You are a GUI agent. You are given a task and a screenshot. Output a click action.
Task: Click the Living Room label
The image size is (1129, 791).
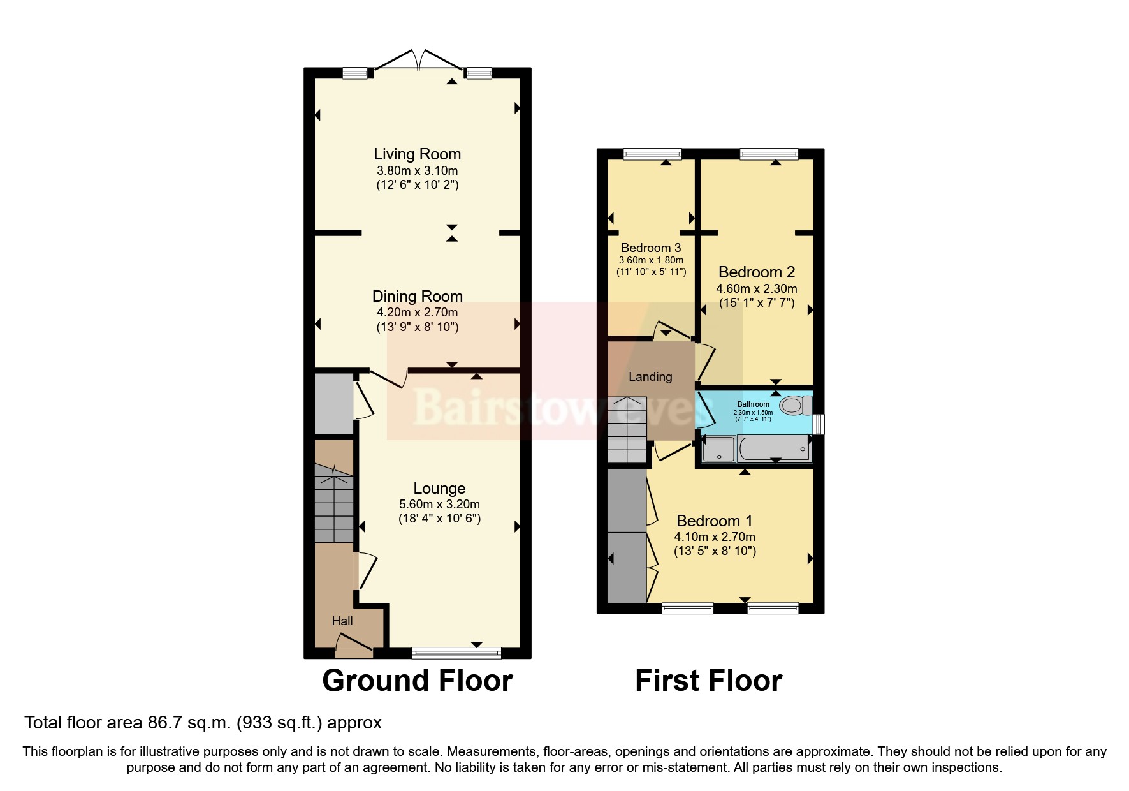417,154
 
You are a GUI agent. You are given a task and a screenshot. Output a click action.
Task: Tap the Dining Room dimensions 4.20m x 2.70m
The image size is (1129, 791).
417,313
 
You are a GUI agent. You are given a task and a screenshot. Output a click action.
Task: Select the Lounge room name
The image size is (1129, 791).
439,489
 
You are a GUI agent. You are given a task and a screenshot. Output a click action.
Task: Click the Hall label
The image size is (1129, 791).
342,621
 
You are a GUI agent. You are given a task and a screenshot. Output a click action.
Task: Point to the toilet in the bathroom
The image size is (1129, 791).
795,405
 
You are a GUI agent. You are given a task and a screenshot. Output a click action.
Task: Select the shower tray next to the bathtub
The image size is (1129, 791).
718,448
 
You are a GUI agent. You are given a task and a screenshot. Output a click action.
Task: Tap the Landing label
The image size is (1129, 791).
650,377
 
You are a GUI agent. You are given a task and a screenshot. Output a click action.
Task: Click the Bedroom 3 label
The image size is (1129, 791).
651,248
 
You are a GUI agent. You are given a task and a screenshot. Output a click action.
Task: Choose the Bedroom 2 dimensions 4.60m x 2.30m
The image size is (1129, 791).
756,289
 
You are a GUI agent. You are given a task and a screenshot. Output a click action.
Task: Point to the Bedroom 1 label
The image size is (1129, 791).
715,521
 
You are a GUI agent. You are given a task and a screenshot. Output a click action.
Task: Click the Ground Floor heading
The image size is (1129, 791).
418,681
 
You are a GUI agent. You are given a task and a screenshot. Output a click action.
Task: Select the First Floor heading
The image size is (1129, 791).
708,681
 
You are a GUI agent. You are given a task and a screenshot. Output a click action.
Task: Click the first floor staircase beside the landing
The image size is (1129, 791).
627,431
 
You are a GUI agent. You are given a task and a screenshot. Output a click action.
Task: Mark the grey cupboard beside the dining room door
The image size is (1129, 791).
334,404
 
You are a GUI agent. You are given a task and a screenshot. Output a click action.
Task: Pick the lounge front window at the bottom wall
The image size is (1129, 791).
456,653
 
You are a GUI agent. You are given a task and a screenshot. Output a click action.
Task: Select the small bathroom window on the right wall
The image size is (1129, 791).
820,424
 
